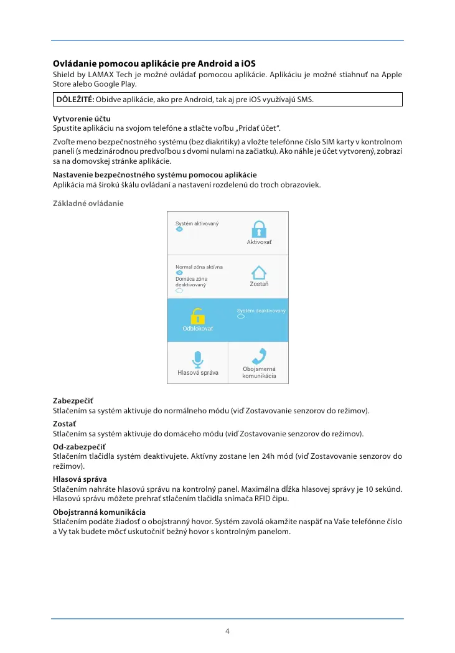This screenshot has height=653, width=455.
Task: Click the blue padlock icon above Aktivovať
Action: [x=259, y=228]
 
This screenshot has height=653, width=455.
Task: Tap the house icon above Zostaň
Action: [x=259, y=273]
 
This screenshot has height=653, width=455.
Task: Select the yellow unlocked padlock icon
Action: [x=197, y=317]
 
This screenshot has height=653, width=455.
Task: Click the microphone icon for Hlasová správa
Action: [x=197, y=359]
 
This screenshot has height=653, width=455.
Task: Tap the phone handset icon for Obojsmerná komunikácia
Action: [x=259, y=356]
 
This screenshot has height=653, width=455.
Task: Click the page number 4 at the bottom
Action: [x=227, y=631]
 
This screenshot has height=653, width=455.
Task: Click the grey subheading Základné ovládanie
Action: [x=88, y=204]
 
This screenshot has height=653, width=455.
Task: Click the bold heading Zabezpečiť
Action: [x=73, y=402]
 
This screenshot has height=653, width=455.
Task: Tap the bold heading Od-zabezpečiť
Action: [x=79, y=447]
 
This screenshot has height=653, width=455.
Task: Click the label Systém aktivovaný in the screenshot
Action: [x=197, y=223]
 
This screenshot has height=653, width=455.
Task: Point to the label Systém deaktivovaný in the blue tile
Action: [x=261, y=311]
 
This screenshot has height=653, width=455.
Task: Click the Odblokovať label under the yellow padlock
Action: [x=197, y=329]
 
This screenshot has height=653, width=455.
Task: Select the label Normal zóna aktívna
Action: [x=199, y=267]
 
